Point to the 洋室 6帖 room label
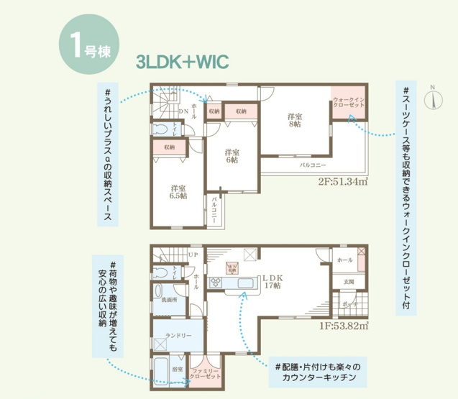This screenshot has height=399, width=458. click(231, 156)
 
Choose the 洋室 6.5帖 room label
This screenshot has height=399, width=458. click(178, 190)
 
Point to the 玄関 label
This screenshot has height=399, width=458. click(349, 281)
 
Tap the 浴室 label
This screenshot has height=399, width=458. click(176, 368)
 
